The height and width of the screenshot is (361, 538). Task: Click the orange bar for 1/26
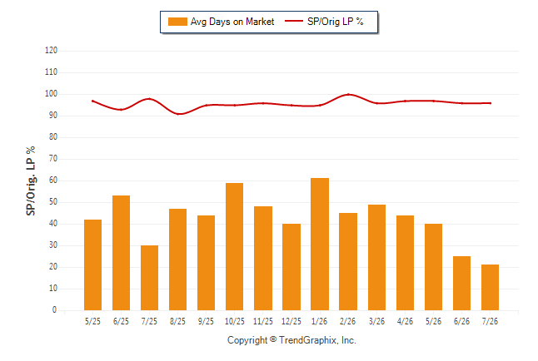pyautogui.click(x=320, y=244)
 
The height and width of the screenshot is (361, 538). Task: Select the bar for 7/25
pyautogui.click(x=149, y=278)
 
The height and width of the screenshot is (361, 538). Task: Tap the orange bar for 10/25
pyautogui.click(x=234, y=246)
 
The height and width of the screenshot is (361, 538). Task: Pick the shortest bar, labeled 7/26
pyautogui.click(x=490, y=287)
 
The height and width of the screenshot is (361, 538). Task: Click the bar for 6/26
pyautogui.click(x=461, y=283)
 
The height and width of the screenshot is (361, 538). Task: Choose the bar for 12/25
pyautogui.click(x=291, y=267)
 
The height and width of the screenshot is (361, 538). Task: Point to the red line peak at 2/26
pyautogui.click(x=348, y=94)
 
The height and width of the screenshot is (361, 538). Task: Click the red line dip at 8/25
pyautogui.click(x=178, y=114)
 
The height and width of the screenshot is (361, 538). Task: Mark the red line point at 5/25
pyautogui.click(x=92, y=101)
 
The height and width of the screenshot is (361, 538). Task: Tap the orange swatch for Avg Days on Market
pyautogui.click(x=177, y=22)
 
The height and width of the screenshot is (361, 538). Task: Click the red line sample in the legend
pyautogui.click(x=294, y=21)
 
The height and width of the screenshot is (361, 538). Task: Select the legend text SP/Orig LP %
pyautogui.click(x=336, y=22)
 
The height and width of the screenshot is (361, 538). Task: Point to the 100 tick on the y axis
pyautogui.click(x=51, y=94)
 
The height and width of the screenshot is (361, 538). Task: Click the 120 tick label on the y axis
pyautogui.click(x=51, y=51)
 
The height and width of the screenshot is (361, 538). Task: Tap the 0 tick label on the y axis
pyautogui.click(x=54, y=310)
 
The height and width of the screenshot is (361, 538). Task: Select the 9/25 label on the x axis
pyautogui.click(x=206, y=321)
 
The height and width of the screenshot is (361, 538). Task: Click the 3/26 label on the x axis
pyautogui.click(x=376, y=321)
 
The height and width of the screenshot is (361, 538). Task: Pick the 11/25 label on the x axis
pyautogui.click(x=263, y=321)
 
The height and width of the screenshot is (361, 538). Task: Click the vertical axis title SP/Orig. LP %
pyautogui.click(x=31, y=180)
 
